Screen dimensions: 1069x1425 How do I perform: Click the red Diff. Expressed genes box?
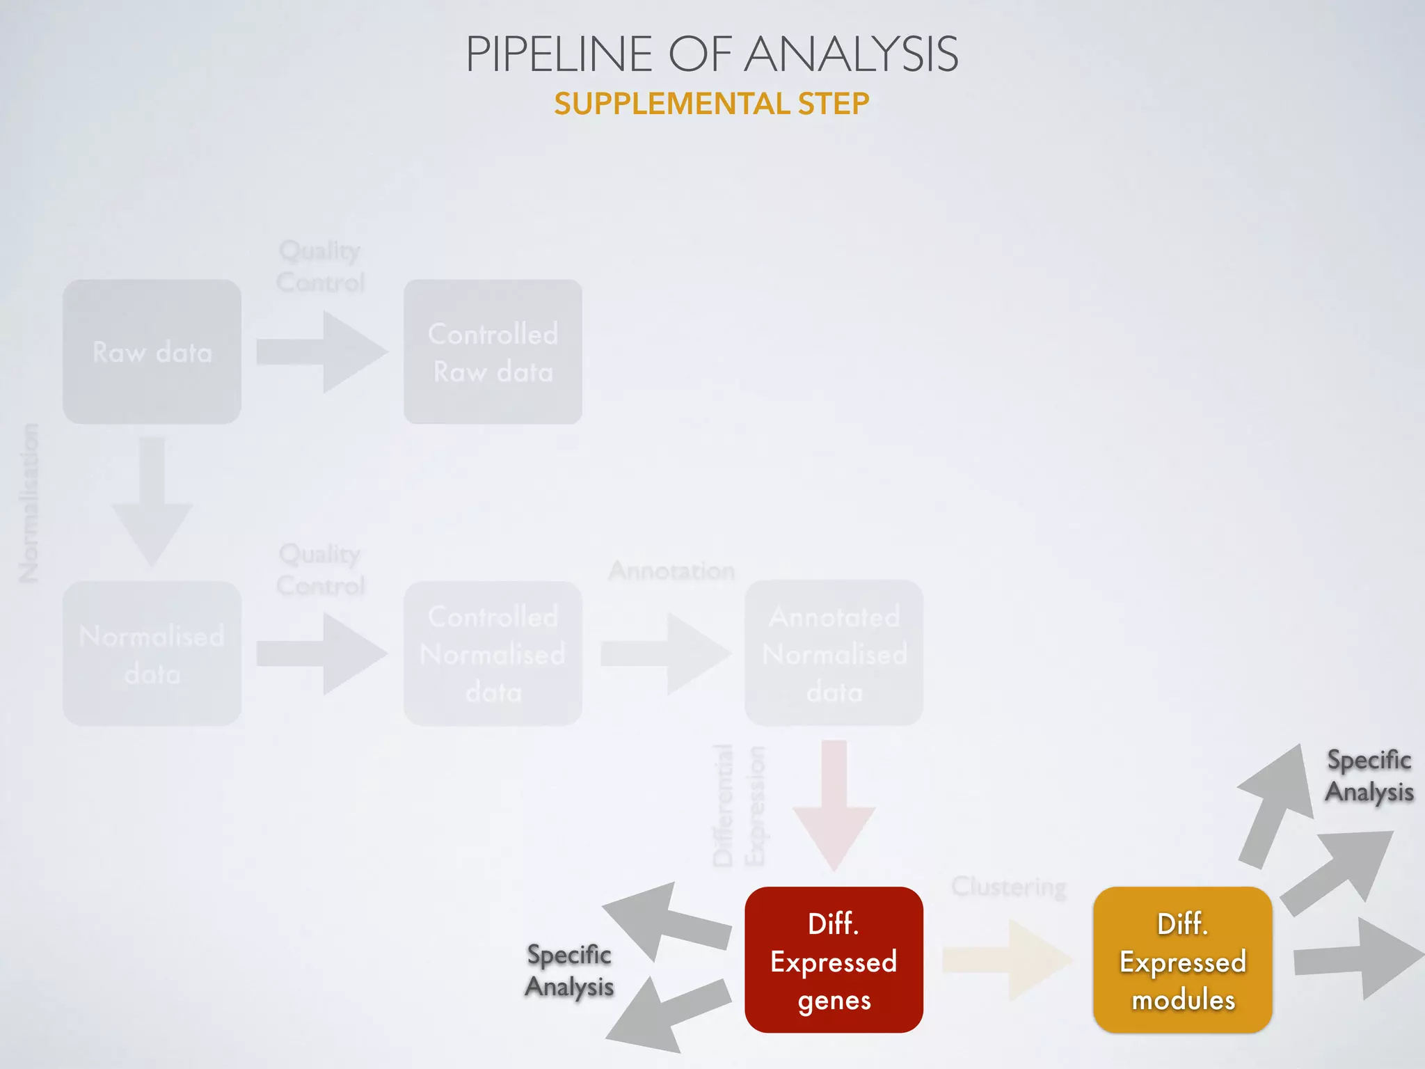click(x=834, y=960)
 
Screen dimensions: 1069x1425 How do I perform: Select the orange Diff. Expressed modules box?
click(x=1182, y=960)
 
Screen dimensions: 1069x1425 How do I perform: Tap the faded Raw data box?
click(x=152, y=352)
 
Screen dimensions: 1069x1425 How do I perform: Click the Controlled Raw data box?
click(x=493, y=352)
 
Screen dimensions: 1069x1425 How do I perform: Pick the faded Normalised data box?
click(x=152, y=654)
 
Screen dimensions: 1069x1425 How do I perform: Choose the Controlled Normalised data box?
click(x=493, y=654)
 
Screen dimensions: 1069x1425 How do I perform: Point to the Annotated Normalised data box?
click(x=834, y=654)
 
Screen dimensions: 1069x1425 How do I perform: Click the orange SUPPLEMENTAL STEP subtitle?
click(x=711, y=104)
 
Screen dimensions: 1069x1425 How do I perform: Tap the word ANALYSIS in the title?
click(x=852, y=54)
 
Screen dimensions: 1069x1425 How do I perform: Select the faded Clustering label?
click(x=1008, y=887)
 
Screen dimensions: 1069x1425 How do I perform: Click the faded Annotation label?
click(x=671, y=571)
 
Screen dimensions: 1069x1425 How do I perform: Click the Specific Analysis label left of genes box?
click(x=569, y=971)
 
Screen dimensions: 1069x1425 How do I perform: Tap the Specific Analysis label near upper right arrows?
click(x=1369, y=776)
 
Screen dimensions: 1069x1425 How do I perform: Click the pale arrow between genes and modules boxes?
click(x=1005, y=960)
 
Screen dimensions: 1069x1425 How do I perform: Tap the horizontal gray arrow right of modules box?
click(x=1357, y=959)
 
